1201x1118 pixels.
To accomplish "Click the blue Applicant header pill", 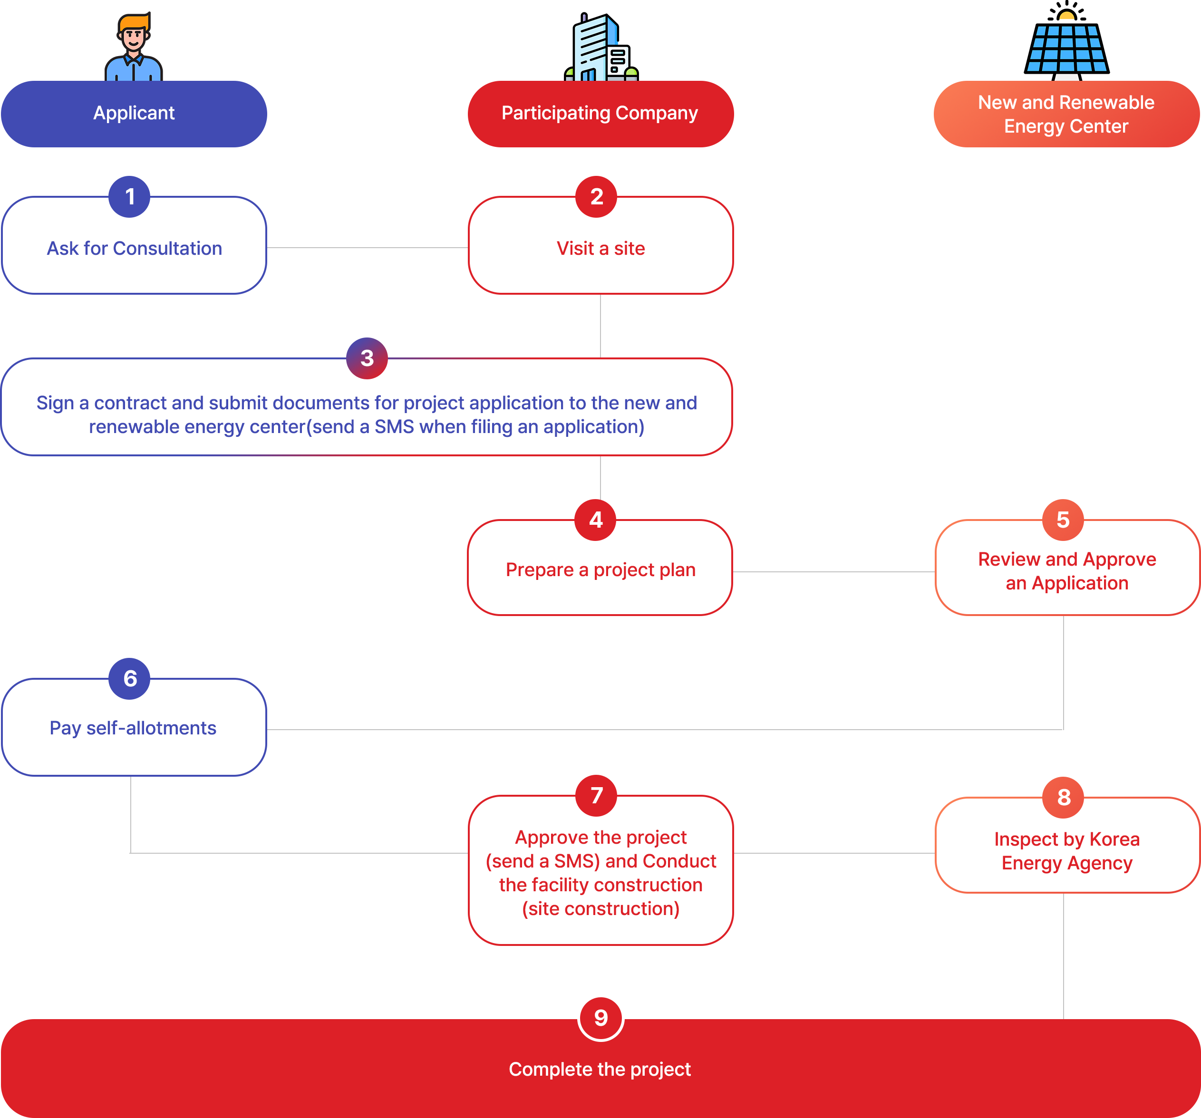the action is [x=134, y=114].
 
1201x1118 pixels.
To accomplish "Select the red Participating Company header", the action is [x=600, y=114].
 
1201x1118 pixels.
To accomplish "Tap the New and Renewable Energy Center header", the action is [x=1067, y=114].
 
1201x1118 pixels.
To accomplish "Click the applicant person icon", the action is [x=134, y=47].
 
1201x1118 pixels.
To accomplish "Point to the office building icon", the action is [x=601, y=47].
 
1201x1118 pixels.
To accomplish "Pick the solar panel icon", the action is [x=1067, y=41].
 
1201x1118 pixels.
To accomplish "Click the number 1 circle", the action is [x=129, y=197].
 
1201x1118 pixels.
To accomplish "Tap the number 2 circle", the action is [x=596, y=197].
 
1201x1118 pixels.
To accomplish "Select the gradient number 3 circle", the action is [x=367, y=358].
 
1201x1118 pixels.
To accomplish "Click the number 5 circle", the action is [x=1063, y=520].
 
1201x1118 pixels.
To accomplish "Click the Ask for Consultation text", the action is [x=134, y=248].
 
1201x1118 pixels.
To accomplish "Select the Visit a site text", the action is [x=600, y=248].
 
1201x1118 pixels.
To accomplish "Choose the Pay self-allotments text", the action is [x=133, y=728].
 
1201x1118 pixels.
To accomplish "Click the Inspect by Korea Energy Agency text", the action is [x=1067, y=851].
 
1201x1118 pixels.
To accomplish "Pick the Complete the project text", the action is [x=600, y=1069].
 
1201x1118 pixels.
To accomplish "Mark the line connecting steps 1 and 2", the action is [x=368, y=248].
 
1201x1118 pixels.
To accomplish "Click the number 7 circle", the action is [x=596, y=795].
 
